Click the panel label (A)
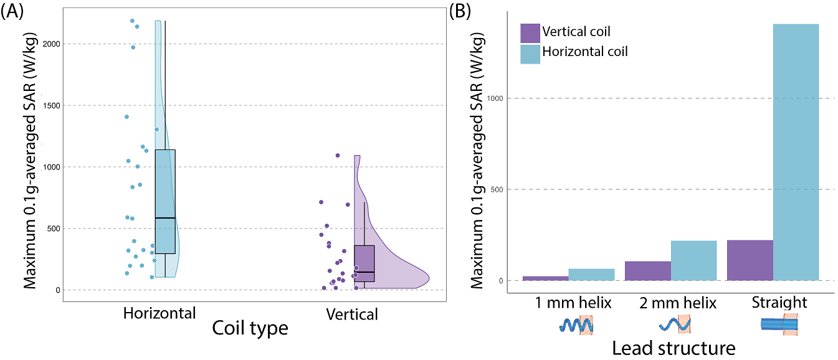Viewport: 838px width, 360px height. (12, 12)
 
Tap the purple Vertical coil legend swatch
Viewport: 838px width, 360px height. (530, 32)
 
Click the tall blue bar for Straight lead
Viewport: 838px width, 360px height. (796, 152)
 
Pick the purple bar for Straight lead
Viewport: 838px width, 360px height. (750, 260)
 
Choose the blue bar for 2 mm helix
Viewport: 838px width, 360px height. (693, 260)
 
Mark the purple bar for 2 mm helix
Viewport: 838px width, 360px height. (647, 270)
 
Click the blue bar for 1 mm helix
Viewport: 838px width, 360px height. (591, 274)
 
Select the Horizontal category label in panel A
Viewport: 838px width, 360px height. (160, 313)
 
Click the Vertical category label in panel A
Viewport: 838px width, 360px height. (352, 314)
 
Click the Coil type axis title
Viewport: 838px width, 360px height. (250, 328)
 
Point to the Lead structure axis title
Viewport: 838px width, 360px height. (674, 348)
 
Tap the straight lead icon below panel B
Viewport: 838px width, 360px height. (779, 324)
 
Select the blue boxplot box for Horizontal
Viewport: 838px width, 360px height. (165, 201)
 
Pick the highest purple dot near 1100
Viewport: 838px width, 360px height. (338, 155)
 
